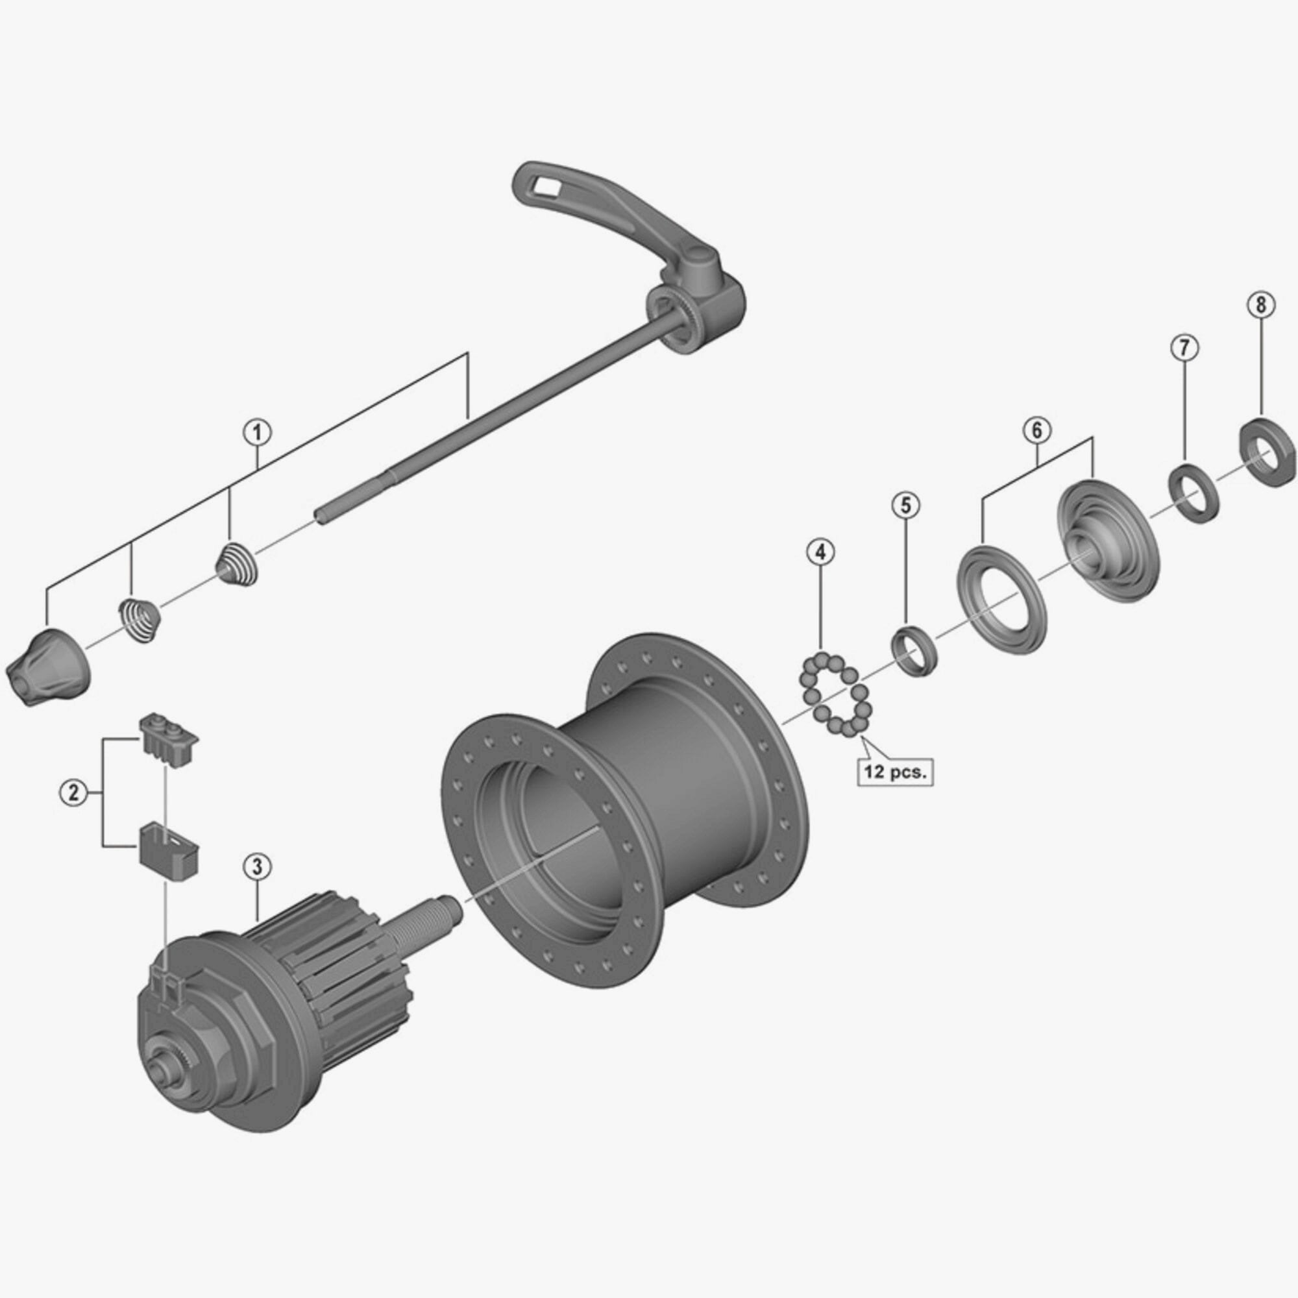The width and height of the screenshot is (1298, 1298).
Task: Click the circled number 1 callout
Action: coord(257,432)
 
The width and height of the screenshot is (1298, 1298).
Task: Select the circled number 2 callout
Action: coord(73,793)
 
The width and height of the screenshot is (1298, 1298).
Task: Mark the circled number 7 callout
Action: coord(1184,347)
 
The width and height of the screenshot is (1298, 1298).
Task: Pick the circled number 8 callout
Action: coord(1260,304)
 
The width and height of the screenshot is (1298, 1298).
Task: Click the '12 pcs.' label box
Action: coord(895,772)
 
